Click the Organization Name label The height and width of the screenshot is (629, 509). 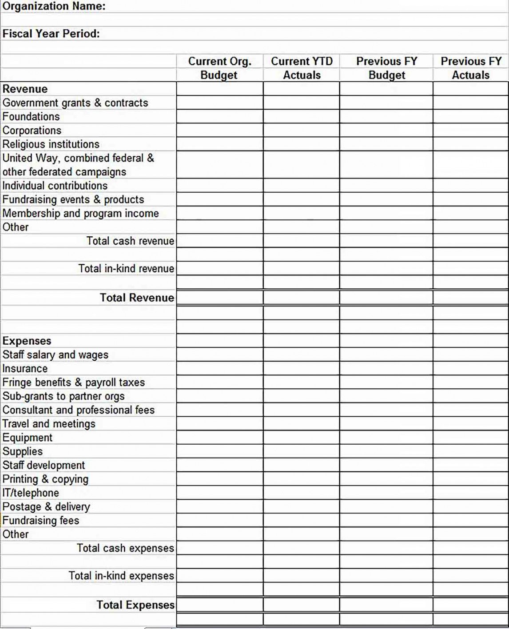click(x=54, y=6)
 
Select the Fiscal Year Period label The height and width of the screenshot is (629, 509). click(x=51, y=34)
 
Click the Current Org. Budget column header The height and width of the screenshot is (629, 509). click(x=219, y=68)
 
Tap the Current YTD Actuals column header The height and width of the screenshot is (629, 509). click(x=302, y=68)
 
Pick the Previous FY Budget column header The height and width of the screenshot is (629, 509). click(x=386, y=68)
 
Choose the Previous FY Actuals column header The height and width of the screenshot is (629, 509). click(x=471, y=68)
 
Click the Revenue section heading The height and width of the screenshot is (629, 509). click(x=25, y=89)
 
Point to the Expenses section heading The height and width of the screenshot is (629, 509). click(x=27, y=341)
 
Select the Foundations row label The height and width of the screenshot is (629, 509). click(x=31, y=116)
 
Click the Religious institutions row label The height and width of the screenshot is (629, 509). click(x=51, y=144)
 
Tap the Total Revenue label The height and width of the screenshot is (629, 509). click(x=137, y=298)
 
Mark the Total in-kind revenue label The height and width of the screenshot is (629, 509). click(x=126, y=269)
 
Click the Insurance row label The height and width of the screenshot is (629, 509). click(x=25, y=369)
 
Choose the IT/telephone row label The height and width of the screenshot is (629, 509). click(x=31, y=493)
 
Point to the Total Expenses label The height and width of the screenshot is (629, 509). click(x=135, y=605)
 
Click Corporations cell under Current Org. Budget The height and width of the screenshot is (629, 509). click(x=219, y=131)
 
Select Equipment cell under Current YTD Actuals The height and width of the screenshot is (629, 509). click(x=302, y=438)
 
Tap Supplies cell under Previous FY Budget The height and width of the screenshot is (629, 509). click(x=386, y=451)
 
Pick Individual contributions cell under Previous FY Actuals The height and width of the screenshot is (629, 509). click(x=471, y=186)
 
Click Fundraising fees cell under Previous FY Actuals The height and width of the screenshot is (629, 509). click(x=471, y=521)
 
